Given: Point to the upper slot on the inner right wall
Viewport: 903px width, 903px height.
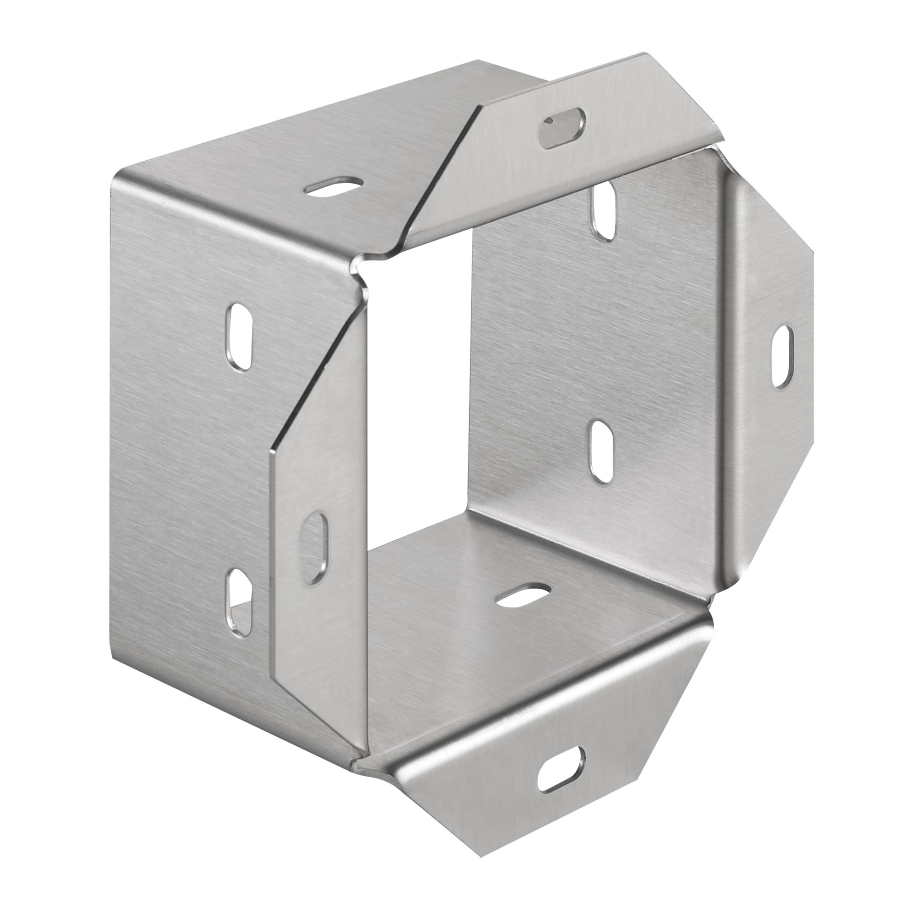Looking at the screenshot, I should (603, 210).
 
